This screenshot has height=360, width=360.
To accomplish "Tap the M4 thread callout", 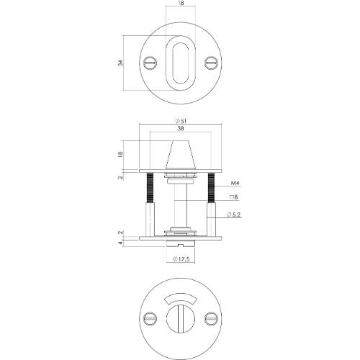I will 235,184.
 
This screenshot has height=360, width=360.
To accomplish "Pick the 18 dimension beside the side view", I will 120,153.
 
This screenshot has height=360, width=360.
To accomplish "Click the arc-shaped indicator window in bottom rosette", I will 180,297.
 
